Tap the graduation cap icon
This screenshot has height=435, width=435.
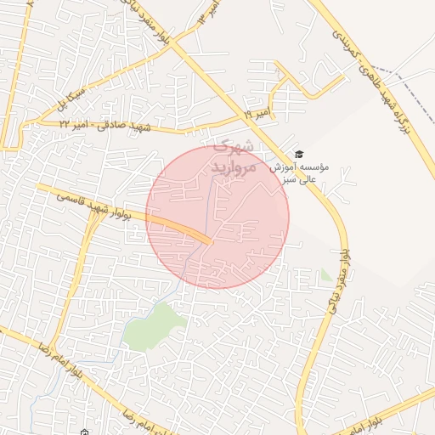(298, 154)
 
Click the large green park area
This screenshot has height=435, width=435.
(155, 326)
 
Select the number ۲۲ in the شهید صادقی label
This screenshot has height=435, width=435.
(65, 125)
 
